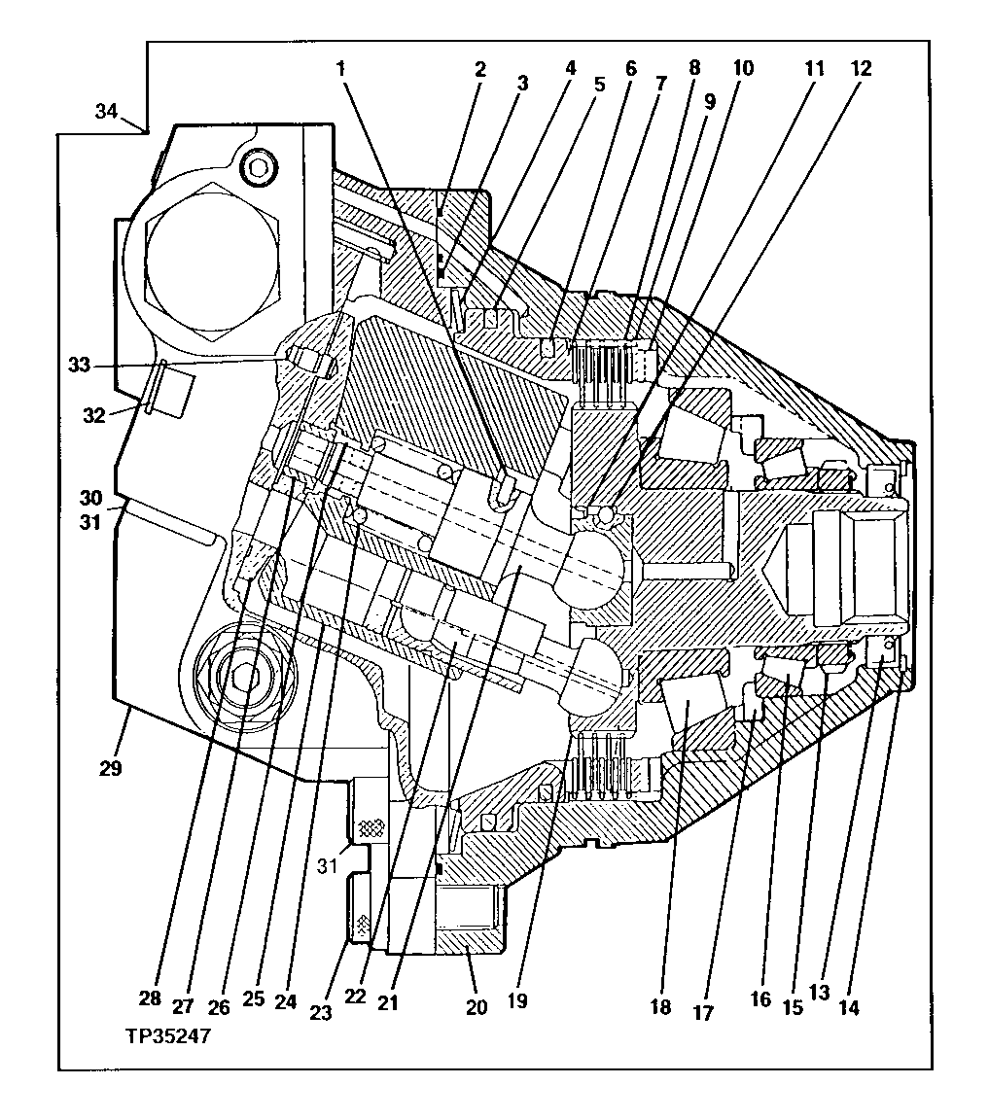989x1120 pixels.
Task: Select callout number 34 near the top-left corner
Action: [109, 111]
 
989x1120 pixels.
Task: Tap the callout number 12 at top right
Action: [861, 69]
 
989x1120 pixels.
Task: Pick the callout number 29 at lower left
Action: [111, 768]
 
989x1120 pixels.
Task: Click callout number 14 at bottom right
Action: [849, 1008]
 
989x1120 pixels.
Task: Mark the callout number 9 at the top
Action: [709, 99]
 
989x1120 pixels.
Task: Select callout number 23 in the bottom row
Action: [321, 1012]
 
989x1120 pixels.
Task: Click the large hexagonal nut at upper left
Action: [212, 258]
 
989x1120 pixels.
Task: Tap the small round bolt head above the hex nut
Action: [258, 167]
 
